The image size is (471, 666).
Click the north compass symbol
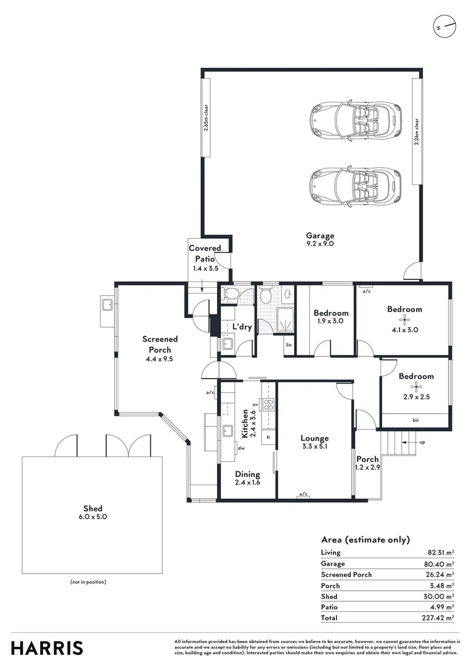click(x=444, y=27)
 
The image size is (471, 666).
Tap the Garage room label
click(x=320, y=236)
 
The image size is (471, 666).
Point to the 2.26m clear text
click(x=417, y=132)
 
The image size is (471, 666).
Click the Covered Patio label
click(x=204, y=253)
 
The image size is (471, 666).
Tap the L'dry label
click(x=242, y=327)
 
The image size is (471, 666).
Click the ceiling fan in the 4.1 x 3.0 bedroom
click(x=405, y=319)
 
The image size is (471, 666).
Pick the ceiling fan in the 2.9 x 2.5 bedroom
click(x=416, y=387)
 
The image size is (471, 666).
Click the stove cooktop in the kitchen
click(x=269, y=405)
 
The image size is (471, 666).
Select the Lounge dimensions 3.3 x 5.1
click(x=314, y=446)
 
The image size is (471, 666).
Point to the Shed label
click(x=93, y=509)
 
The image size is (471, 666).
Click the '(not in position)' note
click(x=89, y=582)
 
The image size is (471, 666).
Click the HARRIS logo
click(x=47, y=648)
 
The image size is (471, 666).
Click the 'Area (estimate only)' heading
click(x=365, y=540)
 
